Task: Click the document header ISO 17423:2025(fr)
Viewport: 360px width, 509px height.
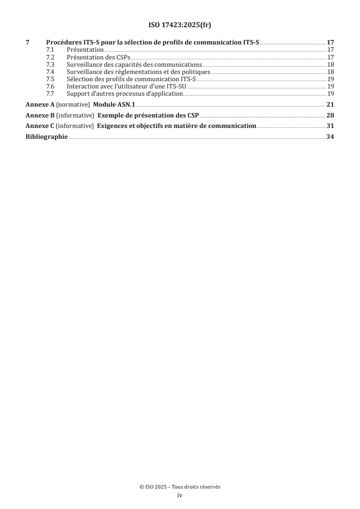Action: [180, 25]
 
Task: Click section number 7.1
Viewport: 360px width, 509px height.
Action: [51, 49]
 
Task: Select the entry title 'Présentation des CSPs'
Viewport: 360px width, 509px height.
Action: [98, 57]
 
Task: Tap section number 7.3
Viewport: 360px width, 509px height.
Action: [51, 65]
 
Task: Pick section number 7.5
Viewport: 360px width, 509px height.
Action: [51, 79]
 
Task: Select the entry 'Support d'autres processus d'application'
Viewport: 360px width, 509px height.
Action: [124, 94]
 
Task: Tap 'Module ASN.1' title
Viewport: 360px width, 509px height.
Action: [114, 104]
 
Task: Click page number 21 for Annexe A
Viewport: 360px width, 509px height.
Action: [330, 104]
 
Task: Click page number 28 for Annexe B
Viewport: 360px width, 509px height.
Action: [330, 115]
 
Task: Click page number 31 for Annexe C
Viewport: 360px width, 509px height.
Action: [330, 126]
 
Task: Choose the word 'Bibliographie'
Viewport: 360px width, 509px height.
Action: [46, 137]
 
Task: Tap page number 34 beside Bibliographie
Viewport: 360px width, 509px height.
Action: [330, 137]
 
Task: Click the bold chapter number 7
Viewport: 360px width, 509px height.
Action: [28, 42]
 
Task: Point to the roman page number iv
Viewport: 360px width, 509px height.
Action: [180, 495]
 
